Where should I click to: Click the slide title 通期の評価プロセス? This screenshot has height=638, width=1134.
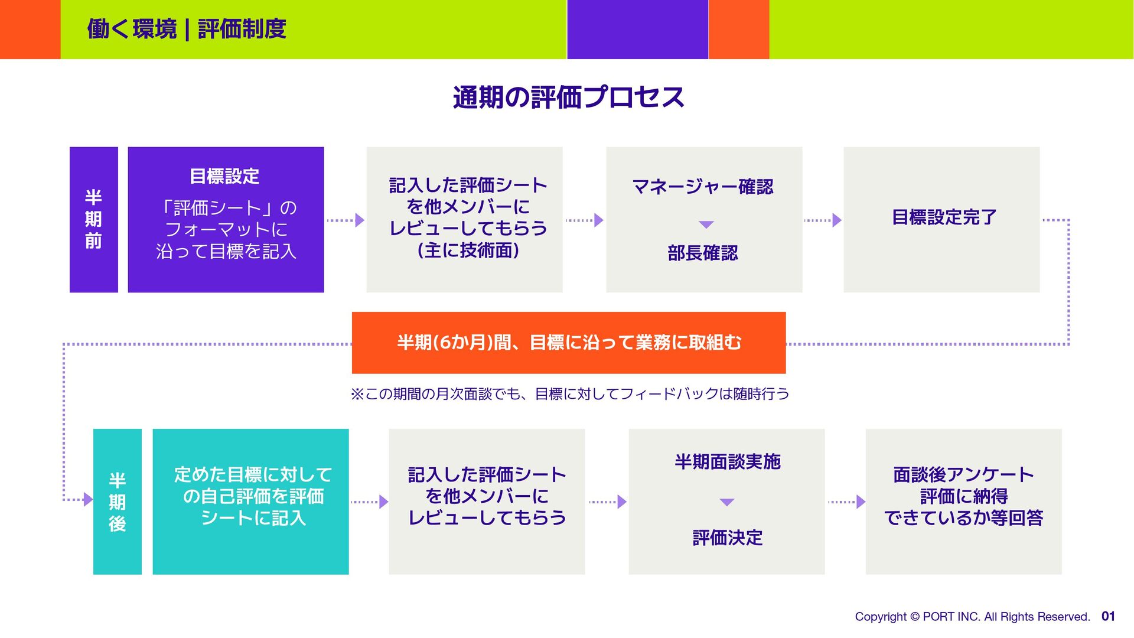(568, 97)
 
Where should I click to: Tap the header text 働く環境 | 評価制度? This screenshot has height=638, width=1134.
(187, 29)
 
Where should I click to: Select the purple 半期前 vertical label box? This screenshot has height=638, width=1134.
(93, 219)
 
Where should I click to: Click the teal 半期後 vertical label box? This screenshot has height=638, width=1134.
(117, 502)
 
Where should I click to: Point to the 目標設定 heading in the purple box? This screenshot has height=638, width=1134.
(224, 176)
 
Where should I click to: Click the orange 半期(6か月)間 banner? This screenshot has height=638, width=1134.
(568, 343)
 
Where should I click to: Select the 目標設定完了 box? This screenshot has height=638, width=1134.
(941, 219)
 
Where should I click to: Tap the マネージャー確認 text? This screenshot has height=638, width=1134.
(703, 187)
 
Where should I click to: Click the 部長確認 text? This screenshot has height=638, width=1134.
(703, 253)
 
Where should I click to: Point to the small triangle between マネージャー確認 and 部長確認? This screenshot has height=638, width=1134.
(706, 224)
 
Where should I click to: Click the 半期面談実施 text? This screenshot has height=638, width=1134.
(727, 462)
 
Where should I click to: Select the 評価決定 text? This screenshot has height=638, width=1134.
(727, 538)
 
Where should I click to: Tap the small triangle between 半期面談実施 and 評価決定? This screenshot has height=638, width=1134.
(727, 502)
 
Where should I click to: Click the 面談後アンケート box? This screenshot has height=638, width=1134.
(963, 502)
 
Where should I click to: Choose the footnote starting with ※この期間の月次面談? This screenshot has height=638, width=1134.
(569, 394)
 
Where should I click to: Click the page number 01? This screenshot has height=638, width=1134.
(1108, 616)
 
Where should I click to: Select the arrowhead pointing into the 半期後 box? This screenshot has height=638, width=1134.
(88, 500)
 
